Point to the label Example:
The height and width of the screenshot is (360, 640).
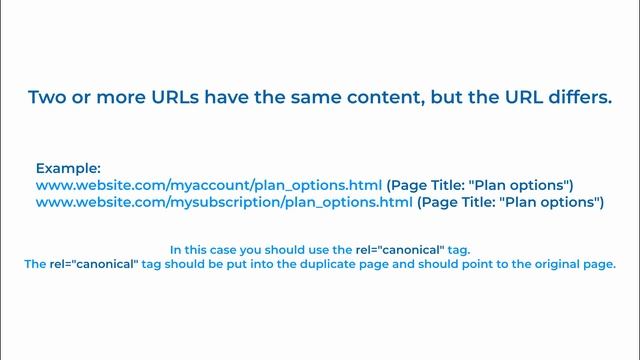pyautogui.click(x=68, y=169)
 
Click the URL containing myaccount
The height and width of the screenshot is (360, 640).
pyautogui.click(x=209, y=186)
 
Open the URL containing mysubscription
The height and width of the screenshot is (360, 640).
pyautogui.click(x=224, y=203)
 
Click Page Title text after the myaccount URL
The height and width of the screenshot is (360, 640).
pyautogui.click(x=480, y=186)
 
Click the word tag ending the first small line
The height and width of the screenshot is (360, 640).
pyautogui.click(x=459, y=249)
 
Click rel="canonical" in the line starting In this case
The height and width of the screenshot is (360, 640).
pyautogui.click(x=403, y=249)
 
